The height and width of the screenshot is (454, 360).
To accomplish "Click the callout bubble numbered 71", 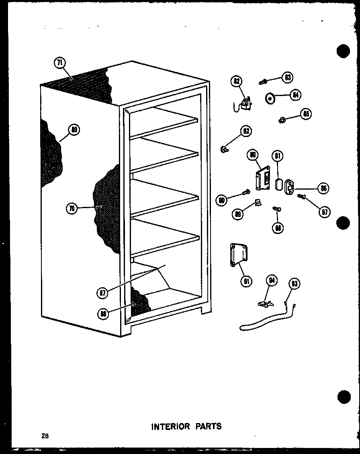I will tap(59, 63).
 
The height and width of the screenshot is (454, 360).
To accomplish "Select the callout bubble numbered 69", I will tap(74, 129).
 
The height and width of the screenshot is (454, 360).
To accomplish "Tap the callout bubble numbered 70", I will tap(72, 208).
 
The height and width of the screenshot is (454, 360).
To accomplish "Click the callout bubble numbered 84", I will tap(295, 95).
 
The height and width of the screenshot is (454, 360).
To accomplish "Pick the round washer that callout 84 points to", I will tap(270, 98).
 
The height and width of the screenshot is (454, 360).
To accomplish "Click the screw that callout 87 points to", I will tap(301, 196).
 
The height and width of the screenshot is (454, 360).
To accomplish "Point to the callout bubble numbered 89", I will tap(239, 214).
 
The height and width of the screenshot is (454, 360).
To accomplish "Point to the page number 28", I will tap(44, 436).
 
